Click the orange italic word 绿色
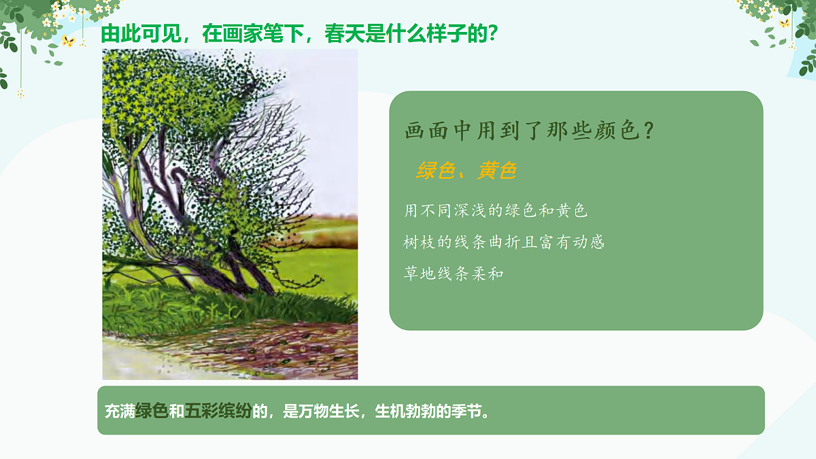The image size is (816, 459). pyautogui.click(x=435, y=171)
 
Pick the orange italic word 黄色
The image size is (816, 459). pyautogui.click(x=496, y=171)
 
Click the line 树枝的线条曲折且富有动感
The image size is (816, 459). pyautogui.click(x=504, y=242)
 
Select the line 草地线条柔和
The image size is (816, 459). pyautogui.click(x=454, y=274)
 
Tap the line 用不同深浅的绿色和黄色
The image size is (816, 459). pyautogui.click(x=496, y=211)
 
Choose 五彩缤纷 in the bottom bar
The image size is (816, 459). pyautogui.click(x=218, y=411)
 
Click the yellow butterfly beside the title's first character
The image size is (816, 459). pyautogui.click(x=67, y=41)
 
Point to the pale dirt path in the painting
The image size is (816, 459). pyautogui.click(x=136, y=360)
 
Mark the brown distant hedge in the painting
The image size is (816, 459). pyautogui.click(x=333, y=235)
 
